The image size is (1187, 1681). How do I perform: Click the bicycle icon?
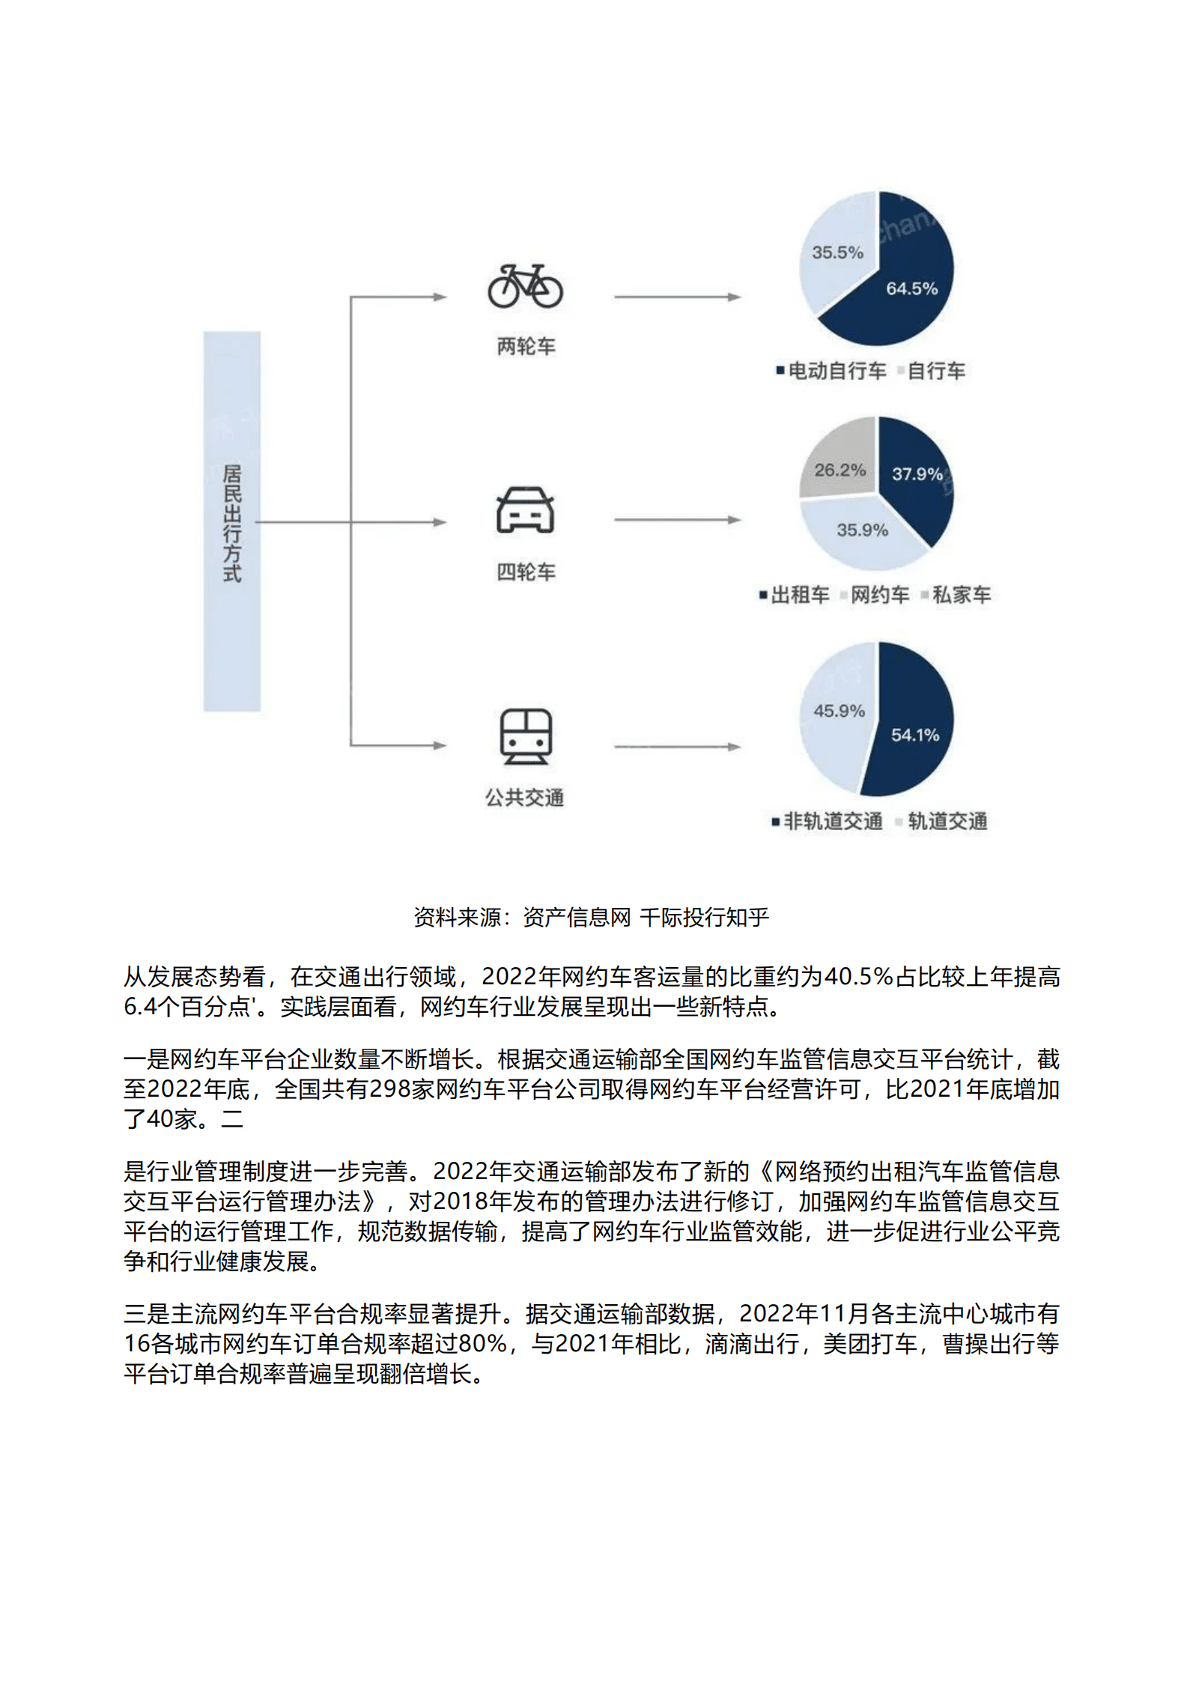pos(525,286)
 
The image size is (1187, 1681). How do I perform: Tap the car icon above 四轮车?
pos(525,510)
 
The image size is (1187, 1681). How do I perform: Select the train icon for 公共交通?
pos(526,736)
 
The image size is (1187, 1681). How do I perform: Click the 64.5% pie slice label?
pos(911,288)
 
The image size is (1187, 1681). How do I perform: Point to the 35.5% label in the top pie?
pos(837,252)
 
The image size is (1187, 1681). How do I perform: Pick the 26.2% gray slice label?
pos(840,470)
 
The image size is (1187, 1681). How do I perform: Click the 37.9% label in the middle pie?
pos(917,474)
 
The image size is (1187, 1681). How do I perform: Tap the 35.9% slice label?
pos(862,530)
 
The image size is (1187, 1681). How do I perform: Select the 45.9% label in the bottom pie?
pos(839,711)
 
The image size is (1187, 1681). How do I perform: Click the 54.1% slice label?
pos(914,736)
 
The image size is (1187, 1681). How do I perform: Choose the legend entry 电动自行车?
pos(837,371)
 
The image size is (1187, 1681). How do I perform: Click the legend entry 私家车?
pos(961,596)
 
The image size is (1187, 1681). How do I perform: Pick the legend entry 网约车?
pos(879,596)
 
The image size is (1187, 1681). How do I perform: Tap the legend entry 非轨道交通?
pos(832,822)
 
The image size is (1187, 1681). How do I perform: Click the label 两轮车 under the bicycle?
pos(526,347)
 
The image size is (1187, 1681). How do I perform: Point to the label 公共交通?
pos(524,798)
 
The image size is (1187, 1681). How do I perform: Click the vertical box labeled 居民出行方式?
pos(232,521)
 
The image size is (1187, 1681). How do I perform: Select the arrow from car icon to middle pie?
pos(677,520)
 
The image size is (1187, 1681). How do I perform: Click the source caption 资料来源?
pos(591,918)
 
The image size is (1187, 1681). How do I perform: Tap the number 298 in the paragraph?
pos(391,1089)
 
